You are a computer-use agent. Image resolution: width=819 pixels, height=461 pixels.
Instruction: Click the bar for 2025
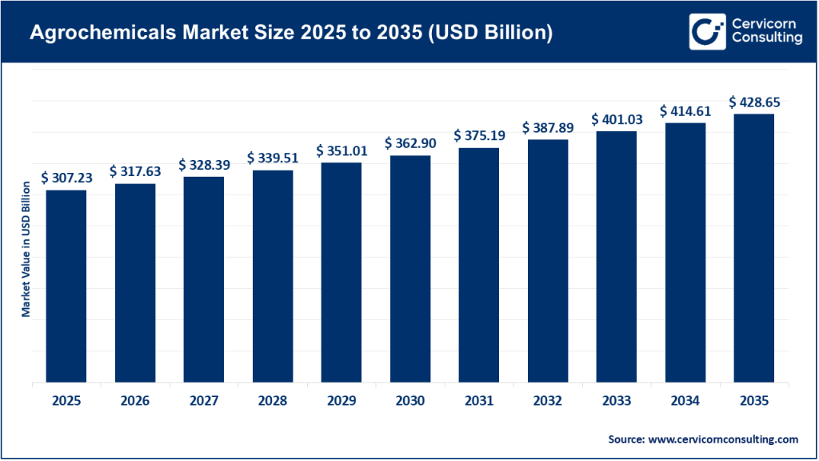66,286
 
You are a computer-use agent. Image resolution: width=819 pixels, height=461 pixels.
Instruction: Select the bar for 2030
410,268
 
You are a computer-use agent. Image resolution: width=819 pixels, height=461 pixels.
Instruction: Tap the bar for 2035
754,247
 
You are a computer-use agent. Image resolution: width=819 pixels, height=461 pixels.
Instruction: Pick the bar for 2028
273,275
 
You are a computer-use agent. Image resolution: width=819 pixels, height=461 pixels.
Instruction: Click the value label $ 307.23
66,178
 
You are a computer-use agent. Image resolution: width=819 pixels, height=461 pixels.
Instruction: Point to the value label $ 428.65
754,102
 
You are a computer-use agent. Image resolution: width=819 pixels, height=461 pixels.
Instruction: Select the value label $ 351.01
342,150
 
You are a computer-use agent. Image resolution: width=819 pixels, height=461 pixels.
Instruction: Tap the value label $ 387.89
548,127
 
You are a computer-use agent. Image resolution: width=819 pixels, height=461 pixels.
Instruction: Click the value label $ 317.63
135,171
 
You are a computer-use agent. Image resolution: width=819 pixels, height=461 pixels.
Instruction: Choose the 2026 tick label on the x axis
135,401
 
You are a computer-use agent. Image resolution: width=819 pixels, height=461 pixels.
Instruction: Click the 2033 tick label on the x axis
617,401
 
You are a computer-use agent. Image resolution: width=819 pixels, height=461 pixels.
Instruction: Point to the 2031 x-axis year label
479,401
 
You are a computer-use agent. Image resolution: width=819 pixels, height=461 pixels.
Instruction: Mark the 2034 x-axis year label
685,401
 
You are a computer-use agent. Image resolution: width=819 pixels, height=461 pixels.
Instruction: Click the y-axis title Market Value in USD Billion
26,249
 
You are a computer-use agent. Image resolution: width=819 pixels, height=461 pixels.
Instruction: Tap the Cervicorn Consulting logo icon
705,30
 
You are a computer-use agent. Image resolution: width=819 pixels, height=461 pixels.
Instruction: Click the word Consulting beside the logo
766,39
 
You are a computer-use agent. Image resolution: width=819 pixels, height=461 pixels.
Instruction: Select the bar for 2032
548,260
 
